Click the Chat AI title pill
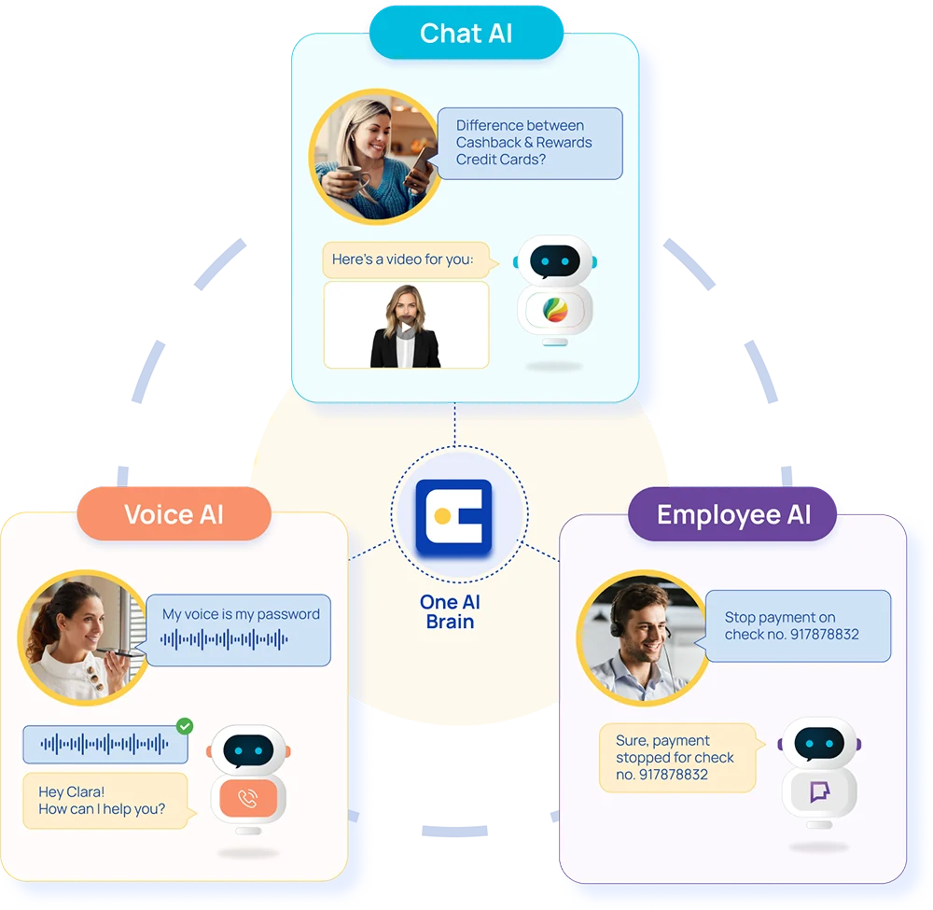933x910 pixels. click(x=466, y=34)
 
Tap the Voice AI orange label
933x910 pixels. click(x=174, y=515)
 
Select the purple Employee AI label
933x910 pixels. click(x=733, y=515)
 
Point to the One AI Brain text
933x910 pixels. click(x=451, y=612)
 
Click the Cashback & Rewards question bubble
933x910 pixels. click(x=530, y=143)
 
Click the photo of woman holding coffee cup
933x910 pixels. click(x=373, y=158)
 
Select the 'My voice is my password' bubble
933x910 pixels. click(x=240, y=629)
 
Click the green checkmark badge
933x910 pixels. click(x=186, y=725)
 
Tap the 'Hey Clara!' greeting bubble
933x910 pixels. click(x=104, y=801)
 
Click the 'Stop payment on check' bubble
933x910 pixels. click(x=797, y=625)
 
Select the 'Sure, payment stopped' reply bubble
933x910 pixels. click(x=677, y=757)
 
